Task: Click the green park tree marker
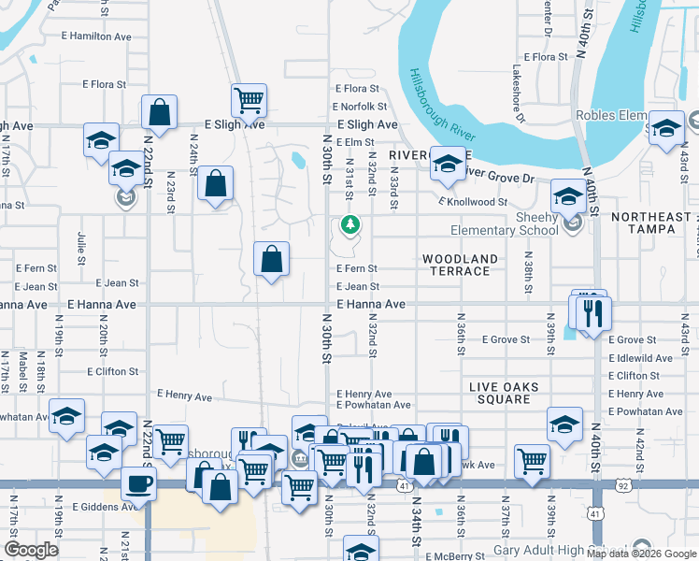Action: tap(349, 224)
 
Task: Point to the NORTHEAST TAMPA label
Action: tap(651, 223)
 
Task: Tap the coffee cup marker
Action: tap(138, 483)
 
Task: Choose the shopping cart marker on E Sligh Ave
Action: tap(250, 99)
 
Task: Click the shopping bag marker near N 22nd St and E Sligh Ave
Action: tap(160, 111)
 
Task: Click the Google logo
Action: tap(31, 550)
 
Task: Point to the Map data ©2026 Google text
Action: tap(640, 553)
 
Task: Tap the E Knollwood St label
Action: tap(472, 201)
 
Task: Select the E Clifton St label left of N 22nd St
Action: tap(112, 371)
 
